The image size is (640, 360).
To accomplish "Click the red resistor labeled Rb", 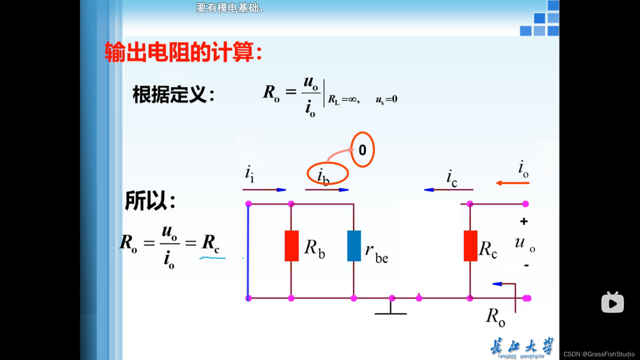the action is [291, 246].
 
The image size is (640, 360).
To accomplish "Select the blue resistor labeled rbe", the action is [354, 246].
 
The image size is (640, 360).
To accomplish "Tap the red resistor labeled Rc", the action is [470, 246].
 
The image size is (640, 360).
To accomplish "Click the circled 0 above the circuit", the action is [362, 150].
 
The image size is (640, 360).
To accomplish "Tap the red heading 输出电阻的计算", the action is [183, 52].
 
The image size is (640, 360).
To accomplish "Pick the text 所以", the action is [150, 201].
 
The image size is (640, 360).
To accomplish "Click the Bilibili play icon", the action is [612, 303].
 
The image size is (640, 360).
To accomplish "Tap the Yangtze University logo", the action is [522, 347].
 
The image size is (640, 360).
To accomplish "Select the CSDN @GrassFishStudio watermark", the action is [599, 354].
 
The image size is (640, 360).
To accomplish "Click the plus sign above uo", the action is [524, 221].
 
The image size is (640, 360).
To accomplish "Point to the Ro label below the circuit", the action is [495, 317].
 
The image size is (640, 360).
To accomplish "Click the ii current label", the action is [249, 174].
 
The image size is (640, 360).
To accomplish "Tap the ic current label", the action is [452, 178].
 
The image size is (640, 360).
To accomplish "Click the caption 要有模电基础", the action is [229, 8].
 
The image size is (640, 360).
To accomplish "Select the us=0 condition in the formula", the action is [387, 99].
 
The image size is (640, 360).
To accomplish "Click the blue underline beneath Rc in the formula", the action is [212, 258].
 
